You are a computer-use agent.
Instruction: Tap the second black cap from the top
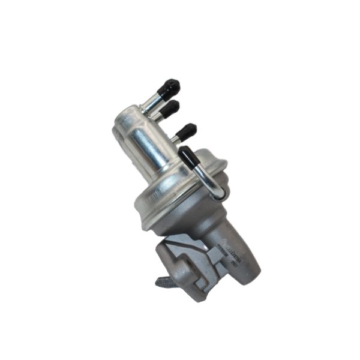[x=170, y=108]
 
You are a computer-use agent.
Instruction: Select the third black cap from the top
[x=186, y=131]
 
